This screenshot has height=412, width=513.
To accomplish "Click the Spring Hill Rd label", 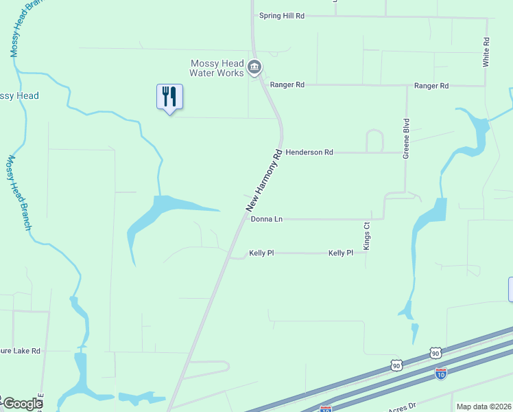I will (281, 16).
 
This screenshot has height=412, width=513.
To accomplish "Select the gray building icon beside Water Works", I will (254, 67).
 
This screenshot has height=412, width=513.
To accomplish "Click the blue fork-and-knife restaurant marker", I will (169, 97).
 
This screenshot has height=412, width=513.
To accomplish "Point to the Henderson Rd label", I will (309, 152).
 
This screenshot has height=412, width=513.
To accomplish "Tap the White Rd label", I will (486, 51).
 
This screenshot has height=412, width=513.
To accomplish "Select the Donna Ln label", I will (267, 219).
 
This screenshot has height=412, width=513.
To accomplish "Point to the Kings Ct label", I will (367, 236).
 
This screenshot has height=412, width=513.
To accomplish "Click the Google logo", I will (22, 404).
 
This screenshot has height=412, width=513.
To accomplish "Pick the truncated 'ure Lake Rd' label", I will (21, 351).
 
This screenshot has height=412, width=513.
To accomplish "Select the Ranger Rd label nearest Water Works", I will (287, 85).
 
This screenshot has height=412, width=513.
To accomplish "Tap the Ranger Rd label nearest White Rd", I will (431, 86).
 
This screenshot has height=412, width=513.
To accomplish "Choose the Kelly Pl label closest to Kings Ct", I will (340, 253).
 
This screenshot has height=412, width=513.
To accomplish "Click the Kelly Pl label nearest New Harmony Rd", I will (261, 253).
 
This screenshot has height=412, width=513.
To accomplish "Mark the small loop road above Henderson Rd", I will (375, 140).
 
